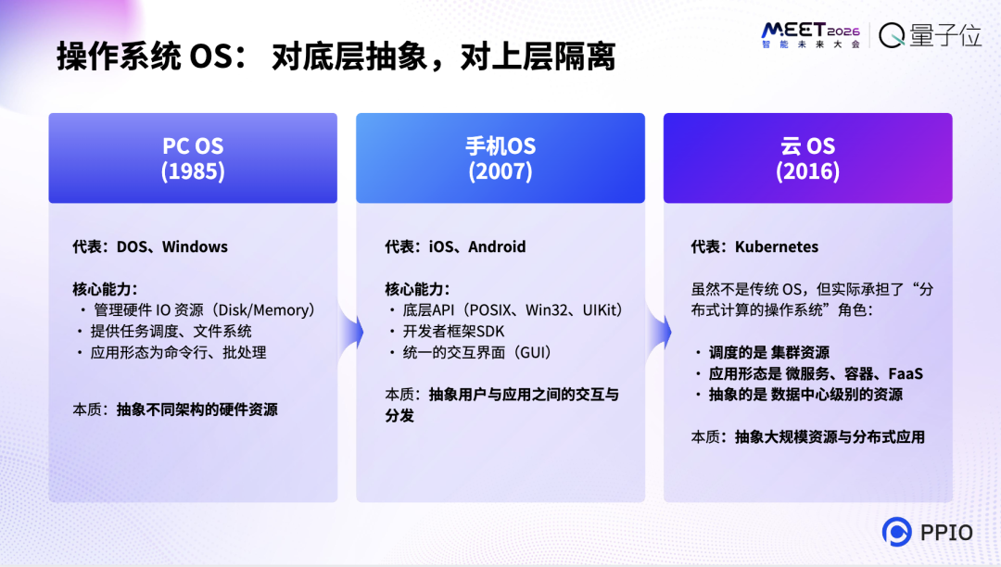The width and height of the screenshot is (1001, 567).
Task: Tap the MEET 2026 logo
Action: click(x=811, y=34)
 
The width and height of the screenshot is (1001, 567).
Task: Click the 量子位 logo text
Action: click(x=931, y=35)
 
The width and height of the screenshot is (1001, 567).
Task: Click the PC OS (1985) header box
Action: click(x=193, y=158)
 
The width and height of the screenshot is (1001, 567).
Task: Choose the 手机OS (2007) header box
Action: click(x=500, y=158)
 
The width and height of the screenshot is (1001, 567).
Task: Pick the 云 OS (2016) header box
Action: click(x=807, y=158)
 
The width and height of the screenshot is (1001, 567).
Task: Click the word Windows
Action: click(x=195, y=246)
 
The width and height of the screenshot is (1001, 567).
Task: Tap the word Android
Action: click(x=497, y=246)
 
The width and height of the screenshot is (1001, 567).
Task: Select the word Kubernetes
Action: click(x=777, y=246)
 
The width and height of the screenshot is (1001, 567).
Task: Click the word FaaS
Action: click(x=906, y=373)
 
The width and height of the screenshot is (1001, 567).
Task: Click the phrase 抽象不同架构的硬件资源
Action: click(x=196, y=409)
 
